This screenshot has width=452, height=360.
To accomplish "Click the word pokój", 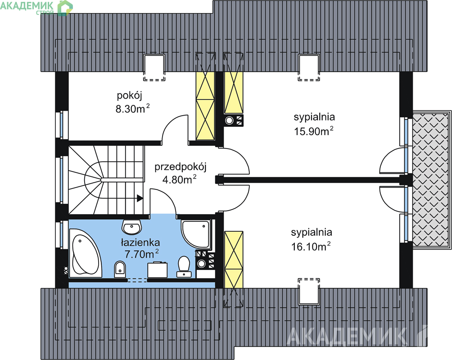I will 129,95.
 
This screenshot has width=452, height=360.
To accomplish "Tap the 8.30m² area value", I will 132,108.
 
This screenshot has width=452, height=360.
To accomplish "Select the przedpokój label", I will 180,167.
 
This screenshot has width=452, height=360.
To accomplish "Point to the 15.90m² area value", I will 313,131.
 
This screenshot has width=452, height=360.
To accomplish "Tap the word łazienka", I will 140,242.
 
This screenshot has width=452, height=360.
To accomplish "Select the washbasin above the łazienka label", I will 131,227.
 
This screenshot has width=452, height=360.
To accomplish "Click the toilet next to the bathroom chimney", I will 184,265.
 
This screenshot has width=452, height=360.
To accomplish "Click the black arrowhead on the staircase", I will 140,198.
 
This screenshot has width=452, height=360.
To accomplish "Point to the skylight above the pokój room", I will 154,67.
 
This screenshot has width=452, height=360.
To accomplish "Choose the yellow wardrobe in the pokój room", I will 205,105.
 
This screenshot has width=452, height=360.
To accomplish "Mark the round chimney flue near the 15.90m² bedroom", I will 230,120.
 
